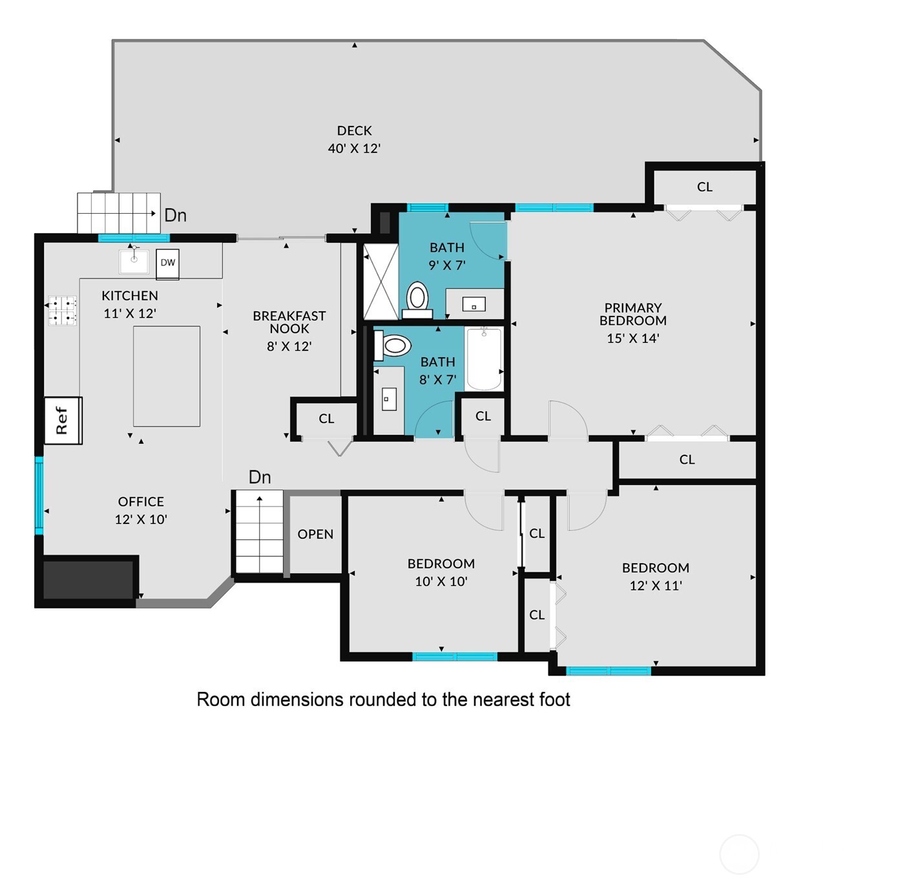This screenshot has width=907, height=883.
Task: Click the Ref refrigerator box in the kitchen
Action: [x=63, y=421]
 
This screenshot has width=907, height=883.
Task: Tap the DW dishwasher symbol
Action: [x=168, y=264]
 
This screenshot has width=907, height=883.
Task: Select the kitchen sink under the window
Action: [x=134, y=260]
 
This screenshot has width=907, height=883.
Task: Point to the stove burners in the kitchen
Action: [x=62, y=311]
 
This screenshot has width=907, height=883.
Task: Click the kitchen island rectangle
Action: [x=167, y=376]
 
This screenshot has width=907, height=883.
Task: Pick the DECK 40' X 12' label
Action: [x=354, y=140]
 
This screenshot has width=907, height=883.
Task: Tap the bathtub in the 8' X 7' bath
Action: [x=484, y=359]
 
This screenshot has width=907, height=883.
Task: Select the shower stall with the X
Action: [x=381, y=282]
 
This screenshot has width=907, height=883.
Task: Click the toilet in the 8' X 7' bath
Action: [x=393, y=346]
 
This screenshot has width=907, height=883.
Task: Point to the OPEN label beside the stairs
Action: [x=315, y=534]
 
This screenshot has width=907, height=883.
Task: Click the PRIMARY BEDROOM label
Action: [x=632, y=315]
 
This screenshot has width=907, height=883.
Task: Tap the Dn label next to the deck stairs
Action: [x=176, y=215]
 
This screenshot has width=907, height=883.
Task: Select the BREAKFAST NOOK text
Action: [x=289, y=322]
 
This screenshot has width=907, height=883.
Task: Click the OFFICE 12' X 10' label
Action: [x=141, y=510]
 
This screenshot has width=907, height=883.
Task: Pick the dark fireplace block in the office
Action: [x=88, y=579]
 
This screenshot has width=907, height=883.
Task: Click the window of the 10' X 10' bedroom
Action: [x=455, y=657]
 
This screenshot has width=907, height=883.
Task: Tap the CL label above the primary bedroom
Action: [x=704, y=187]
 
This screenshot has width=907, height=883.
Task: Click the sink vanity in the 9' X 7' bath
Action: [x=474, y=304]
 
